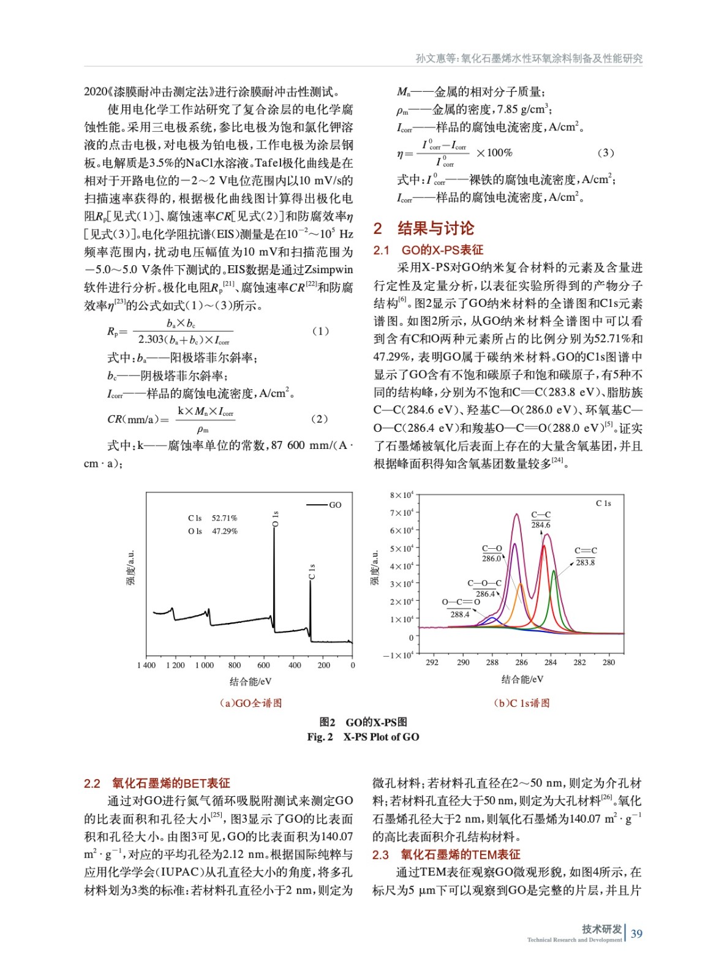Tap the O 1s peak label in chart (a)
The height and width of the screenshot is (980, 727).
(x=276, y=519)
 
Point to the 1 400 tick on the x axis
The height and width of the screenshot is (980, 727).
(x=146, y=665)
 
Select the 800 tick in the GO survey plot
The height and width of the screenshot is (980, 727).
(x=235, y=665)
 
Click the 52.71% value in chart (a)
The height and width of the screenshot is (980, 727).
(x=224, y=518)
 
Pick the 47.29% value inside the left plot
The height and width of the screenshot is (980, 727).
(x=224, y=531)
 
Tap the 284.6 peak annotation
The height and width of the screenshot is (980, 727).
(x=541, y=525)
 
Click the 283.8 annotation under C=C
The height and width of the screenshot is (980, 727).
(x=585, y=562)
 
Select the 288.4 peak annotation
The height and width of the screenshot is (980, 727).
(x=460, y=614)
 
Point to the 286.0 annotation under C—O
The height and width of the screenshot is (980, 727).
(x=491, y=559)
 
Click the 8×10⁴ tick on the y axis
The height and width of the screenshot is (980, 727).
(x=402, y=495)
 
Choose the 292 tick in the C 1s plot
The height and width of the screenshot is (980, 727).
(x=432, y=662)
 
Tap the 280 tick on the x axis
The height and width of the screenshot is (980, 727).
(x=609, y=662)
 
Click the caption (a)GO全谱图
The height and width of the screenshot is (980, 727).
(x=250, y=703)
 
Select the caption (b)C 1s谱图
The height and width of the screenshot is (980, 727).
(x=522, y=703)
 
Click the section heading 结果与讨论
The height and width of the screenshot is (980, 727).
(x=435, y=228)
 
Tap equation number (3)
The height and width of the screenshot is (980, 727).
(x=605, y=153)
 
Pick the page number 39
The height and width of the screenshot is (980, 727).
(x=637, y=933)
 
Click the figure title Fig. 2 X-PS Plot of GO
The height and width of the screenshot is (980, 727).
(x=363, y=737)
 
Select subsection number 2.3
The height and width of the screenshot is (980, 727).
(x=380, y=854)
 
